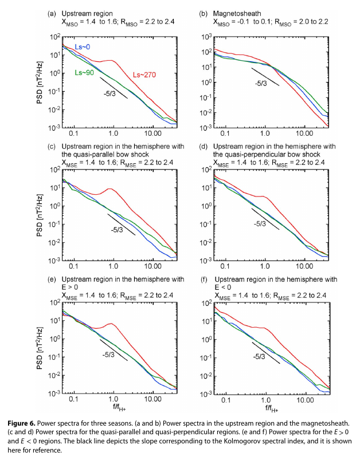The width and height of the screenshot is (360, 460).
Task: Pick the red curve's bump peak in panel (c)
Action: pyautogui.click(x=108, y=190)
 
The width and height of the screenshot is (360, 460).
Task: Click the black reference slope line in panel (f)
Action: pyautogui.click(x=266, y=353)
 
